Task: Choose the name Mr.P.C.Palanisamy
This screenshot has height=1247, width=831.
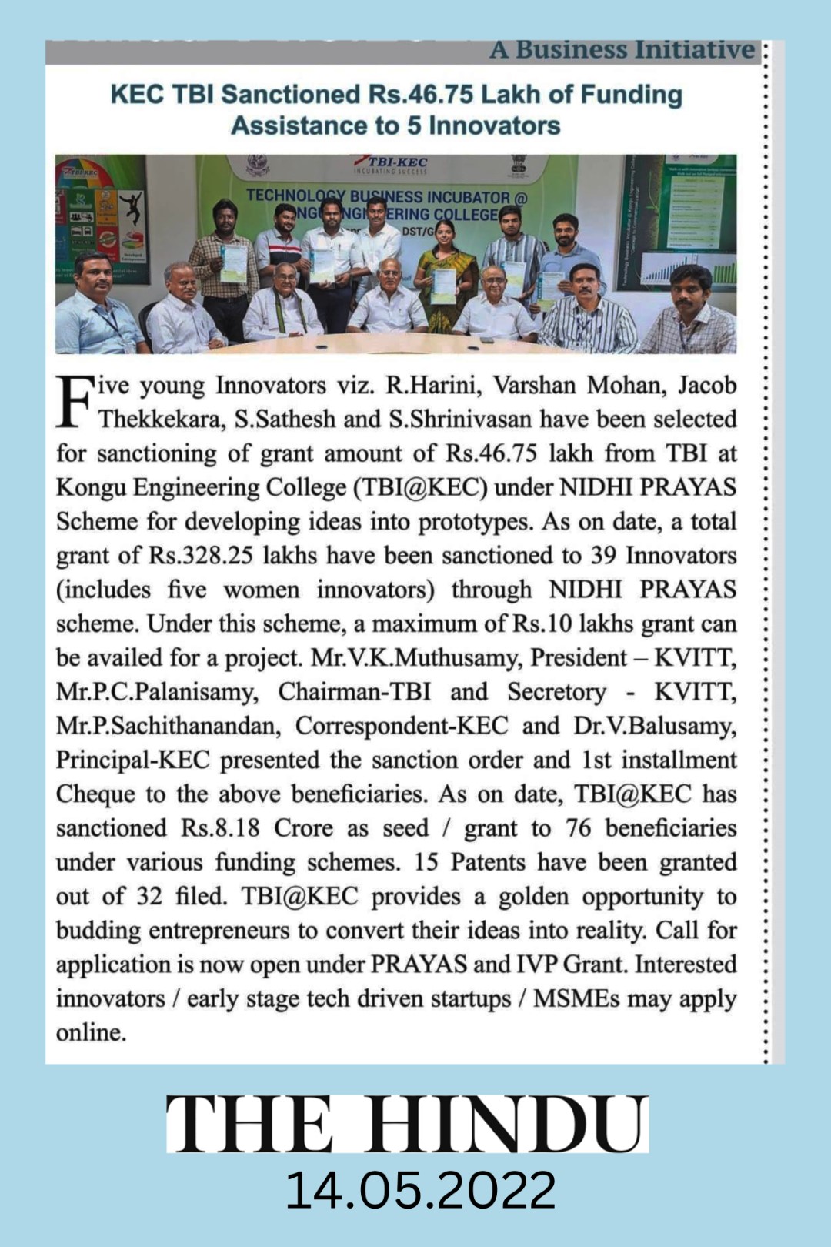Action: (x=156, y=692)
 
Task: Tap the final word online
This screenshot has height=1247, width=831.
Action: (x=91, y=1032)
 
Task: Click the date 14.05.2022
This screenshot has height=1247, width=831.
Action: (x=420, y=1190)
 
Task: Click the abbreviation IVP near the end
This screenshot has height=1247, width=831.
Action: (x=537, y=965)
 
